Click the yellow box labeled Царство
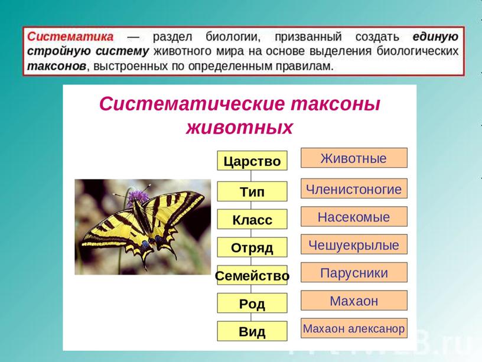coord(252,161)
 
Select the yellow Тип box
coord(252,191)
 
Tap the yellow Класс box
coord(252,219)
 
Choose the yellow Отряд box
coord(252,247)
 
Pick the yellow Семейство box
coord(252,275)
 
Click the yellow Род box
coord(252,303)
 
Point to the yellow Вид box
coord(252,331)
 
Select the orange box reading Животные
coord(354,158)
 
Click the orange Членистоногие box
coord(354,188)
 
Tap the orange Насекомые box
coord(354,216)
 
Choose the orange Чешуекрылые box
coord(354,244)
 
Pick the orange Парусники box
coord(354,272)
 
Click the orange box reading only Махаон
coord(354,300)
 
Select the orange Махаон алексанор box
coord(354,328)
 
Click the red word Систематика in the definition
coord(70,37)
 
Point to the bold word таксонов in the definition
coord(57,66)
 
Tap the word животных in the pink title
coord(239,127)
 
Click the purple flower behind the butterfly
coord(138,198)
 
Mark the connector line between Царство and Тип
coord(251,176)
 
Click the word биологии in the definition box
coord(233,37)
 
